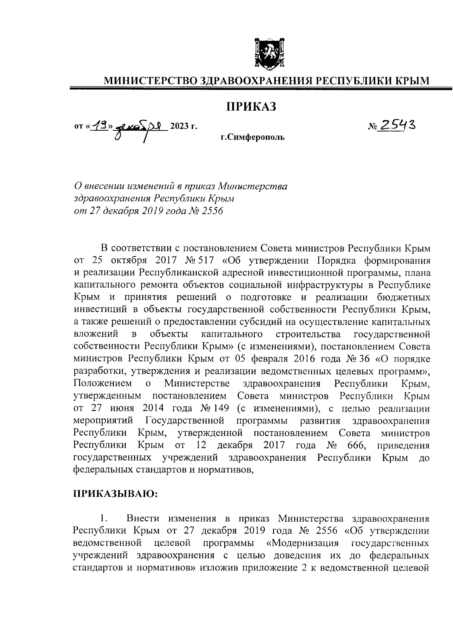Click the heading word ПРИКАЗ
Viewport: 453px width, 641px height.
251,107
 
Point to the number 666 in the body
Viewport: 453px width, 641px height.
357,445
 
